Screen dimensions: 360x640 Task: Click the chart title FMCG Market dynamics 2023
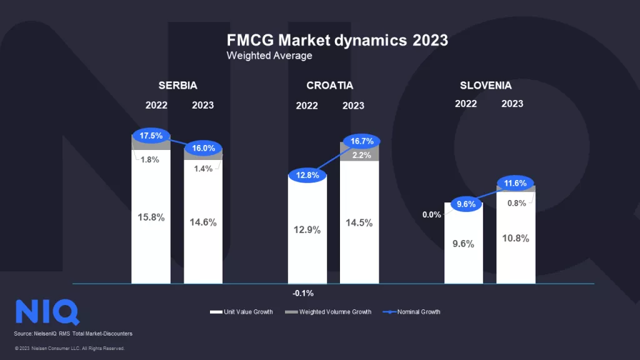[337, 40]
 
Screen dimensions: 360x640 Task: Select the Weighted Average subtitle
[269, 56]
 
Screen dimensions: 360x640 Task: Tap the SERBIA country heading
[177, 86]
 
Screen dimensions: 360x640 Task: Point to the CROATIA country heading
[330, 86]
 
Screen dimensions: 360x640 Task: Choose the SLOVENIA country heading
[486, 86]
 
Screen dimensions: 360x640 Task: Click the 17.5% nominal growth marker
[151, 135]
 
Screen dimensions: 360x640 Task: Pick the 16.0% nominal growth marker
[203, 149]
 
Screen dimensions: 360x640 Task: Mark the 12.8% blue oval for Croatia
[307, 175]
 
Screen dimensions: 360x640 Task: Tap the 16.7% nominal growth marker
[359, 142]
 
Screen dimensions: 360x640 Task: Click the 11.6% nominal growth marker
[516, 184]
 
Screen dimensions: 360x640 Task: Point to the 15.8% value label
[151, 217]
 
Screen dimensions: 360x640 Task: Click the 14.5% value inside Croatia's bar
[359, 222]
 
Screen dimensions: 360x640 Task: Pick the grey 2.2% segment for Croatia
[359, 154]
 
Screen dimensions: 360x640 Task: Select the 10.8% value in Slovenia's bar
[516, 238]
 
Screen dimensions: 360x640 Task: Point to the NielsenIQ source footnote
[73, 334]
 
